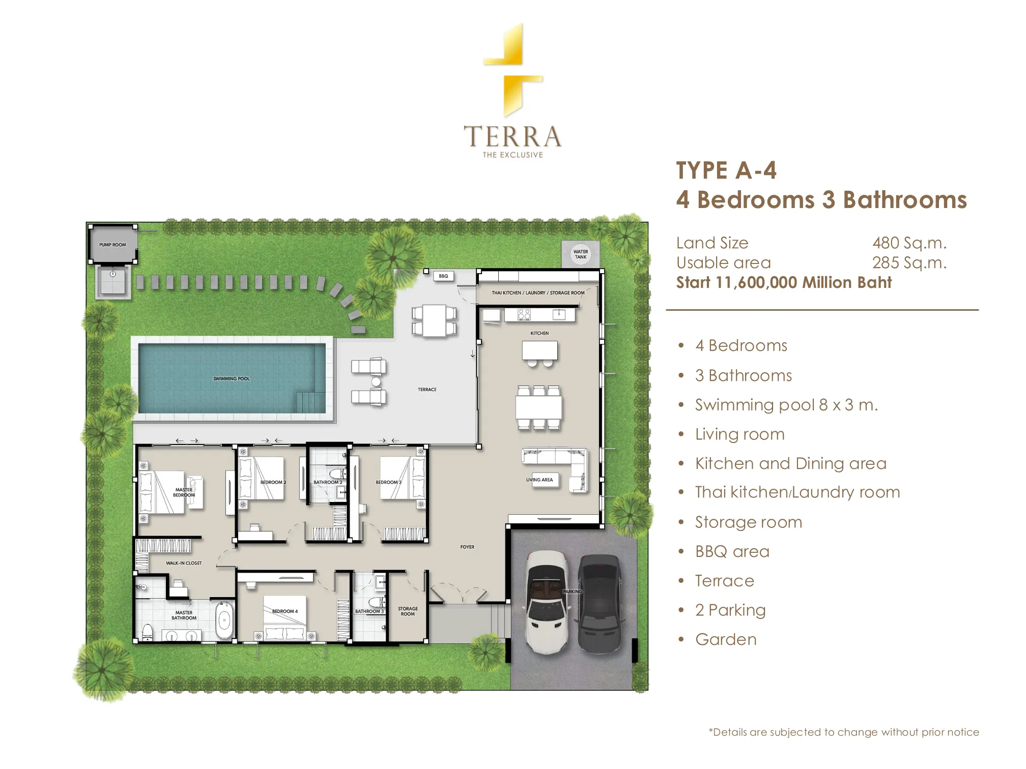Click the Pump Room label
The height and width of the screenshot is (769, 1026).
112,245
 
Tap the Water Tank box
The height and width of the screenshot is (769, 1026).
580,254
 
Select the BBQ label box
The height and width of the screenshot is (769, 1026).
443,276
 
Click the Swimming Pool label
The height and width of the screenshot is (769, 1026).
232,378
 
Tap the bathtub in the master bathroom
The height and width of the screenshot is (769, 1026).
224,620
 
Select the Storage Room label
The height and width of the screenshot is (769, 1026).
408,611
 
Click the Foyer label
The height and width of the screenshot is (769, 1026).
467,547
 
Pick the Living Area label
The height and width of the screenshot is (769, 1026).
539,480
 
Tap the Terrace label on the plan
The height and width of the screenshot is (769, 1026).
427,390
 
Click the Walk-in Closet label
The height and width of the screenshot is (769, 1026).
184,563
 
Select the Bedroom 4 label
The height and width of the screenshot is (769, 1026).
285,611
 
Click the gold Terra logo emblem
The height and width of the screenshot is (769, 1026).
513,70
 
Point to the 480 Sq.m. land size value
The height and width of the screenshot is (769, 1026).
909,243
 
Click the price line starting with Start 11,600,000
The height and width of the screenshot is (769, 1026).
784,282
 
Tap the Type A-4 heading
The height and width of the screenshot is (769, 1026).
726,170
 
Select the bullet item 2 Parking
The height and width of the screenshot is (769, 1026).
730,610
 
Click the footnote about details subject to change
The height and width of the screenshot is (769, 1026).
844,732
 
